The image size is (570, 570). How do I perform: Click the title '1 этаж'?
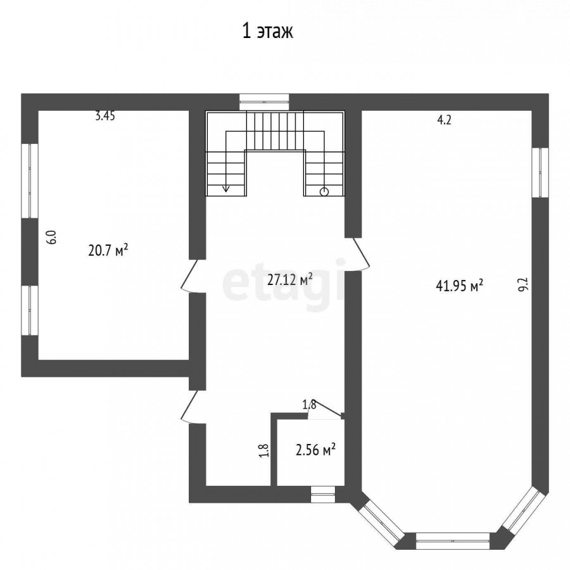[267, 32]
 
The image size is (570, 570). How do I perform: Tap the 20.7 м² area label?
[108, 250]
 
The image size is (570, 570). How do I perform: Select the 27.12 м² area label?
[290, 280]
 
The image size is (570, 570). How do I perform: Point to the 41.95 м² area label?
[460, 286]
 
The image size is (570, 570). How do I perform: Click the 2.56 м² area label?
[315, 450]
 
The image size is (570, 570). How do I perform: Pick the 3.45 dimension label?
[105, 116]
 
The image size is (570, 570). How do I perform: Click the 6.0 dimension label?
[53, 237]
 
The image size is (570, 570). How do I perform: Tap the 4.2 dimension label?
[444, 120]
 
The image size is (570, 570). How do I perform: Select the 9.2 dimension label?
[522, 284]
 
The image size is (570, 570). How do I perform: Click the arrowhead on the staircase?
[225, 188]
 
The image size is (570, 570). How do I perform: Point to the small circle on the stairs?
[324, 191]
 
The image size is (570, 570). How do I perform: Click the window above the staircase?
[264, 102]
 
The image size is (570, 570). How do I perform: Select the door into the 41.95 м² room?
[357, 254]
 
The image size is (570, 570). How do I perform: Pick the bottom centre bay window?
[453, 541]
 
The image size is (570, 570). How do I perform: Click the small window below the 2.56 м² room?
[323, 495]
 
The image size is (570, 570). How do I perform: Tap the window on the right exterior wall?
[540, 172]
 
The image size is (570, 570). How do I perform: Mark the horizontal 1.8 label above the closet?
[310, 405]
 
